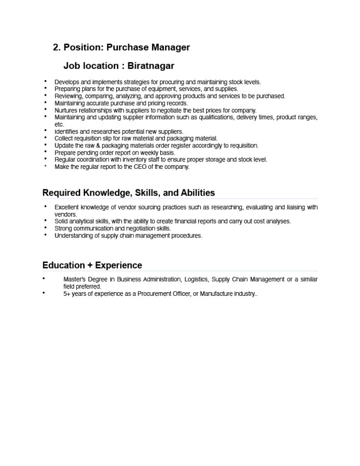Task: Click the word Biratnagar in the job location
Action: pos(151,66)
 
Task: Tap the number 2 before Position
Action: pos(56,47)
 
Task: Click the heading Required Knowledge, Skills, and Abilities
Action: pos(128,193)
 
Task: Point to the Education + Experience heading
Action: pos(92,265)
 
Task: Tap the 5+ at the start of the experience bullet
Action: pos(66,294)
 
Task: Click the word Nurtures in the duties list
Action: pos(66,110)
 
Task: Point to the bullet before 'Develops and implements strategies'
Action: pos(46,81)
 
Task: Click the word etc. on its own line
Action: pos(59,124)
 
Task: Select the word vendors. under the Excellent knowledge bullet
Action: pos(66,214)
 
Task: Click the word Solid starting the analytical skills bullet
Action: pos(61,221)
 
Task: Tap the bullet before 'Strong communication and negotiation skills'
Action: pos(46,227)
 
